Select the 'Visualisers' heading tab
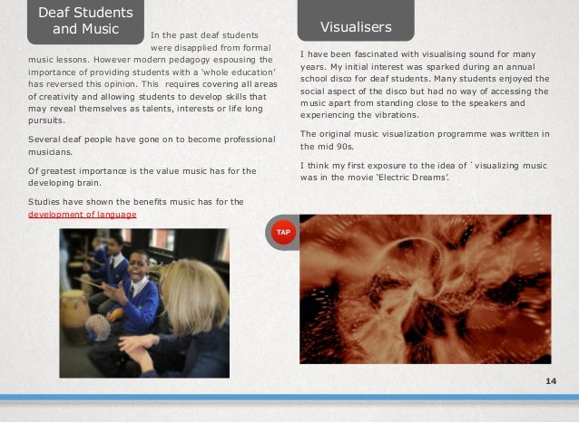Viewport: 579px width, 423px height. (355, 27)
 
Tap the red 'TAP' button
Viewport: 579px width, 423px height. (283, 233)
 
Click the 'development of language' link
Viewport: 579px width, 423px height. (83, 214)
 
